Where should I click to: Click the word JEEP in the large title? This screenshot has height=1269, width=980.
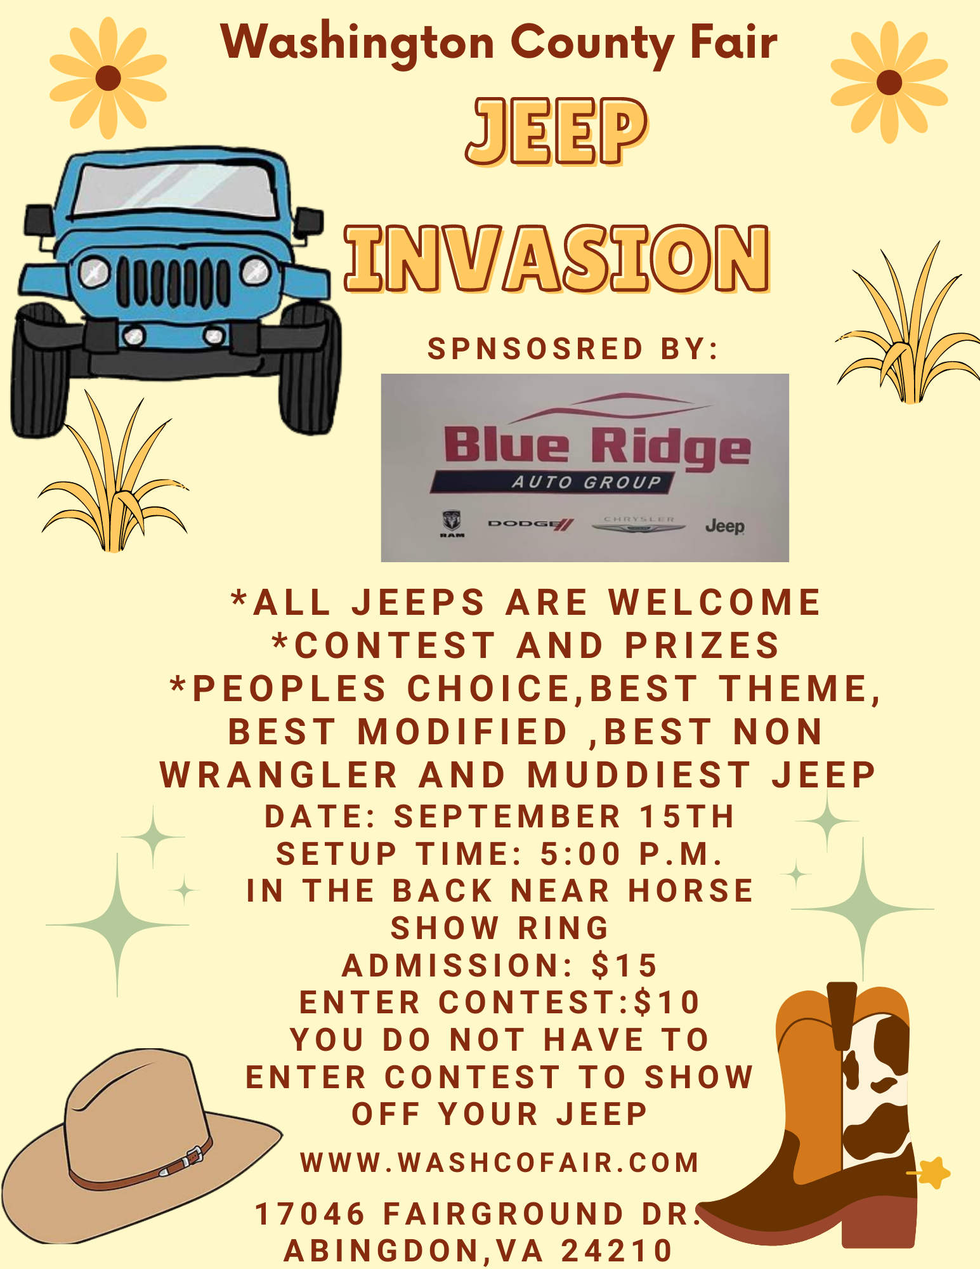[x=556, y=131]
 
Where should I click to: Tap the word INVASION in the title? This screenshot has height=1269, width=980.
[x=558, y=259]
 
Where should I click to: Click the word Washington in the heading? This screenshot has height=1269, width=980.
[x=358, y=43]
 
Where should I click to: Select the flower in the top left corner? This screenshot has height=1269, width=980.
[x=108, y=78]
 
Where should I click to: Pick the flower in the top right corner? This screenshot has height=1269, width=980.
[x=889, y=82]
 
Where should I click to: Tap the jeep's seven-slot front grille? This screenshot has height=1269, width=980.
[x=173, y=282]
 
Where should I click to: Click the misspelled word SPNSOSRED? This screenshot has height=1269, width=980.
[x=535, y=349]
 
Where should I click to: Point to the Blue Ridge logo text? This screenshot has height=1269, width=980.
[x=597, y=446]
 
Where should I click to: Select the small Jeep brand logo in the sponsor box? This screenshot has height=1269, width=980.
[x=725, y=526]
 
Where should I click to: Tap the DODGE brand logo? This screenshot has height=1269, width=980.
[x=531, y=524]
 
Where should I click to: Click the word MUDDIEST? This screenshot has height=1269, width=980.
[x=640, y=775]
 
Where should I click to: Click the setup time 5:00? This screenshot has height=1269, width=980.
[x=580, y=854]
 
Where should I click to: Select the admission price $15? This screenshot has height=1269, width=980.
[x=625, y=966]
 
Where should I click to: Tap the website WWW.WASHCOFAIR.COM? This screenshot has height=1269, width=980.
[x=500, y=1162]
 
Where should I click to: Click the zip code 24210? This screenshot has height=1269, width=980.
[x=617, y=1251]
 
